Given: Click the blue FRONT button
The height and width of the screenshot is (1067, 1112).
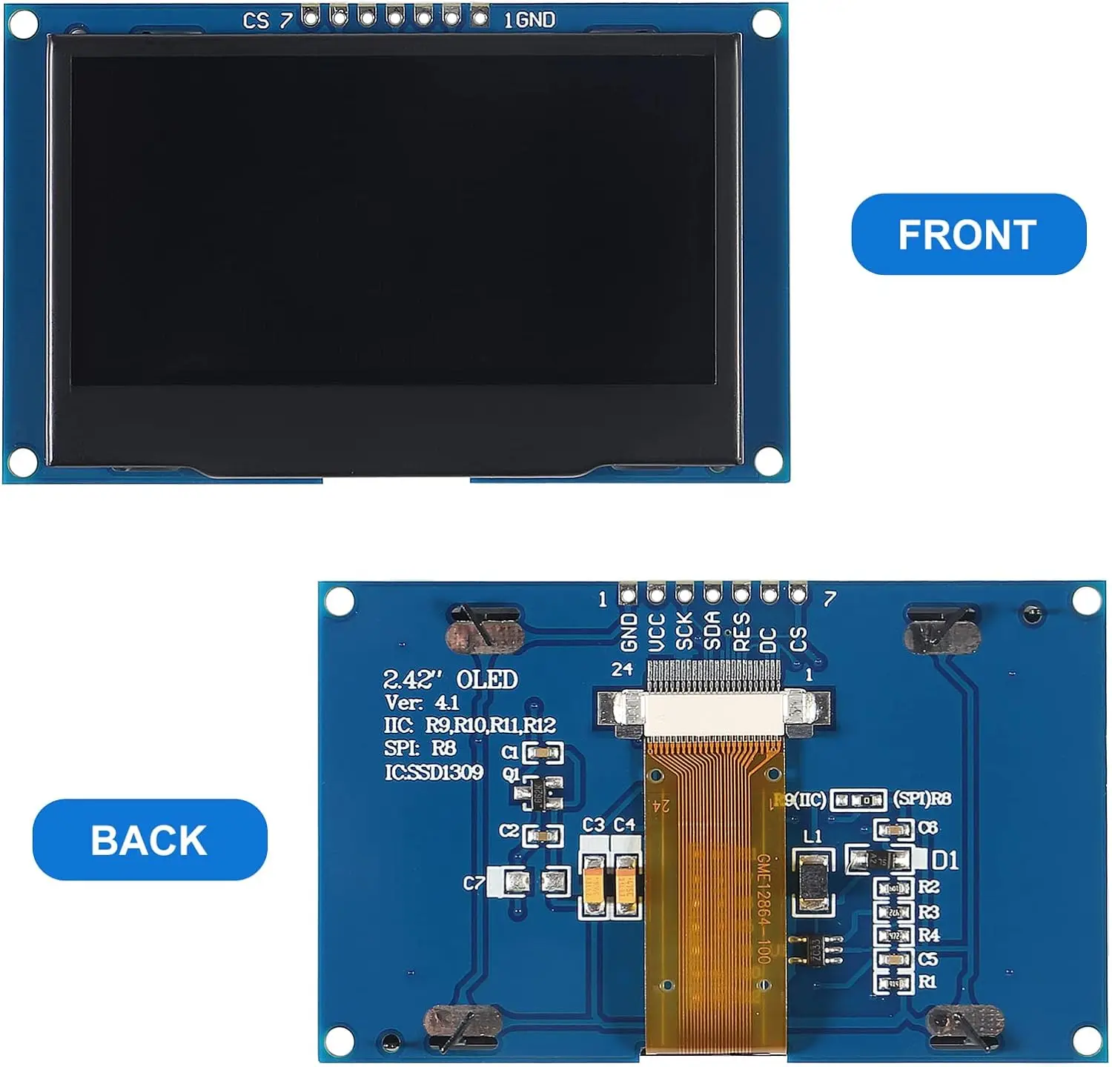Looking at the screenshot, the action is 968,235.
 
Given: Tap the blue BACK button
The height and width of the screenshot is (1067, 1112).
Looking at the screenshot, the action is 150,840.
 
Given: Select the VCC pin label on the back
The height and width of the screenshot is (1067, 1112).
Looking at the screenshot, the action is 656,632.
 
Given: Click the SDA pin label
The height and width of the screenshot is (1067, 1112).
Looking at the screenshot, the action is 712,631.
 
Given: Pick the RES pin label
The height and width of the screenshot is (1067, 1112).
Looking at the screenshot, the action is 741,631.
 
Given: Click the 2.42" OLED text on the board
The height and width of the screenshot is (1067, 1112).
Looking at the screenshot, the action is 450,679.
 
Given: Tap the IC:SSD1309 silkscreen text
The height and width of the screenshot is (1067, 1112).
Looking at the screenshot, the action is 434,772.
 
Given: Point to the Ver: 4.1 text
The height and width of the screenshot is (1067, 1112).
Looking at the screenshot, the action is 422,702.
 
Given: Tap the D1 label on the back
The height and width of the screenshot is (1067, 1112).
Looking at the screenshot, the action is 944,860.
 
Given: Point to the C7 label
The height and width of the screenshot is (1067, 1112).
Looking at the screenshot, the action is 474,883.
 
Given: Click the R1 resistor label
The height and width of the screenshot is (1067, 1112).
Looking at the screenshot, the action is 927,982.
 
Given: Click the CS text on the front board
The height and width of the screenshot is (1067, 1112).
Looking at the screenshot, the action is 256,21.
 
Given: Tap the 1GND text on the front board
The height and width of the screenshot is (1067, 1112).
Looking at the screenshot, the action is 529,20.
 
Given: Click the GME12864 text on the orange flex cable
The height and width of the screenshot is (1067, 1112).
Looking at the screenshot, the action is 764,908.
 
